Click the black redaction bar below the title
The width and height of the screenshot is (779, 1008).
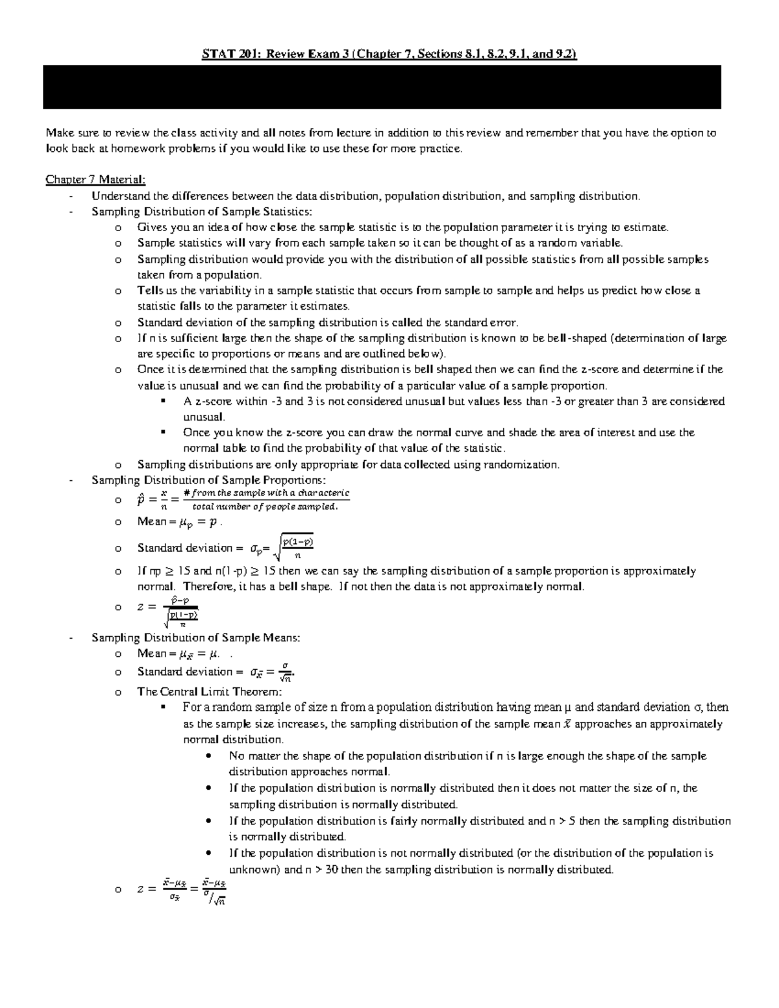pos(382,86)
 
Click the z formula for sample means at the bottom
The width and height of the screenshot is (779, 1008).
pos(182,890)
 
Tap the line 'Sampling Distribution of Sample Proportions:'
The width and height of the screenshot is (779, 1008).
pos(209,480)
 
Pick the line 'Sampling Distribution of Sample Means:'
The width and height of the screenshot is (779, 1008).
pos(195,638)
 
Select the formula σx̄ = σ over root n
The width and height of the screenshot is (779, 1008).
pos(273,672)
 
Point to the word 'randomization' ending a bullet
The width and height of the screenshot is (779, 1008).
pos(526,465)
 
